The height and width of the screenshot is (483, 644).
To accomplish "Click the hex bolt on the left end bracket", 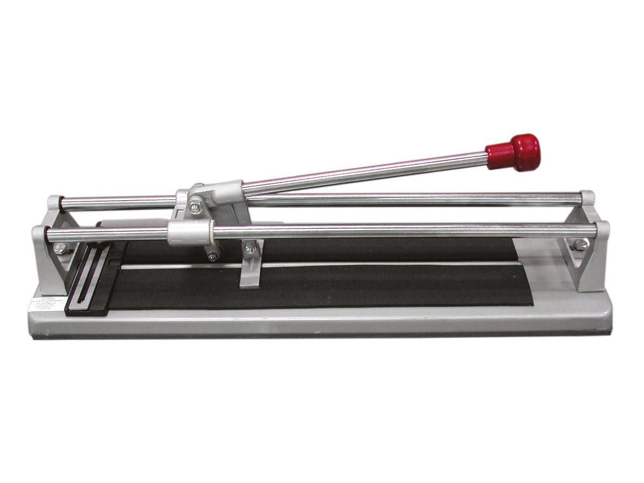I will pyautogui.click(x=61, y=248).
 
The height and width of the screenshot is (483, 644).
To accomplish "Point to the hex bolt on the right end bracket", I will pyautogui.click(x=580, y=245).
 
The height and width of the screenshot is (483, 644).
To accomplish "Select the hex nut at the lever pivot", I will pyautogui.click(x=196, y=207).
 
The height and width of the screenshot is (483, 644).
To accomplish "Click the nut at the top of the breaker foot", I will pyautogui.click(x=250, y=250).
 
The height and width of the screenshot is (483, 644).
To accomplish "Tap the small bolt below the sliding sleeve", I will pyautogui.click(x=213, y=257).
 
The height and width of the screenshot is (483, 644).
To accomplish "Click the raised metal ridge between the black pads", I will pyautogui.click(x=322, y=265).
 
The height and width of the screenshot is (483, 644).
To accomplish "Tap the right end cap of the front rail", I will pyautogui.click(x=603, y=230).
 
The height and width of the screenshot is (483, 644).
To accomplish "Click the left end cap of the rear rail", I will pyautogui.click(x=54, y=203).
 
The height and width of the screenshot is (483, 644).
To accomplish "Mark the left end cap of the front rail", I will pyautogui.click(x=39, y=235).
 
